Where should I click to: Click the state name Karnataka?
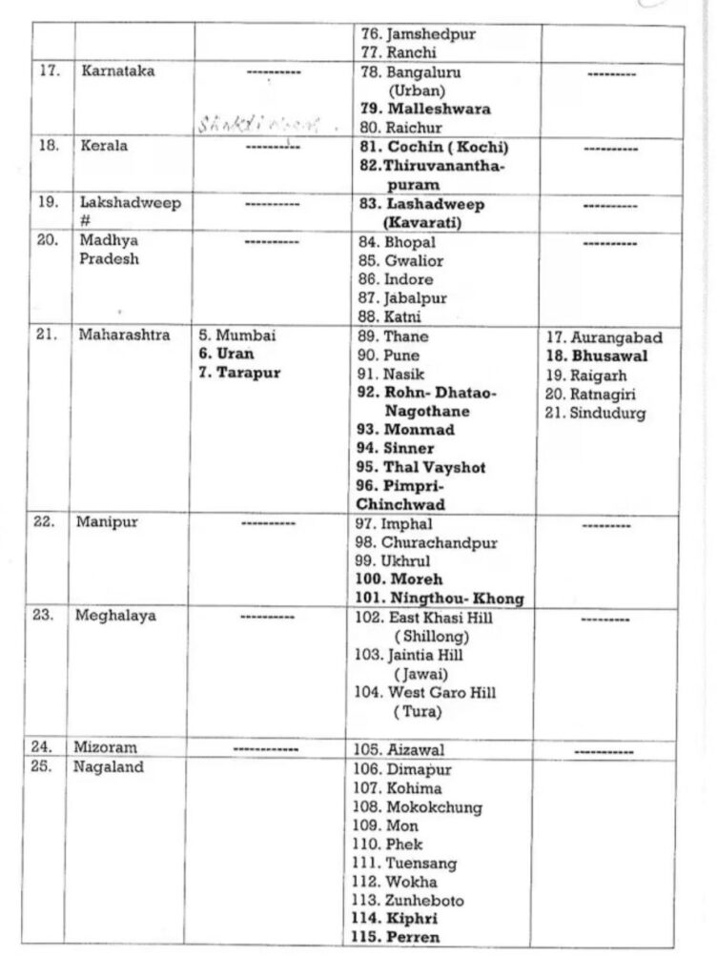(119, 71)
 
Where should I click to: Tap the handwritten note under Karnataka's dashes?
(268, 124)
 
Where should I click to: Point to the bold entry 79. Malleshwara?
(425, 109)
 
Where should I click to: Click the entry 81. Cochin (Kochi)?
(434, 148)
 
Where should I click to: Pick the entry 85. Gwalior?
(401, 260)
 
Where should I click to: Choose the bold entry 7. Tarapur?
(240, 373)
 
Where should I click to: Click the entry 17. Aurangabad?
(604, 338)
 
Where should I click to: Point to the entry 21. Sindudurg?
(595, 413)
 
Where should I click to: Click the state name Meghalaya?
(118, 616)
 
